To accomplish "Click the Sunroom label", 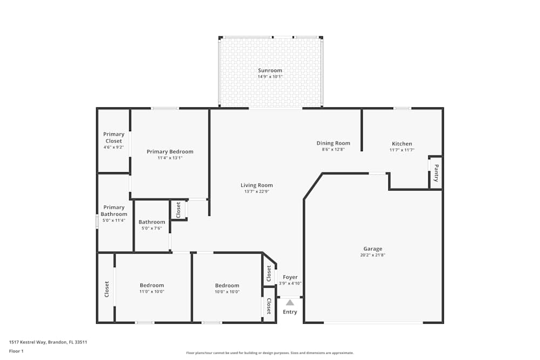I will pos(270,70).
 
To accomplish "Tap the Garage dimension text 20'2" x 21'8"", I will pos(373,255).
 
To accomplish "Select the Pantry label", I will pos(436,173).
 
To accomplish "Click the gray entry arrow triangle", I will pos(290,302).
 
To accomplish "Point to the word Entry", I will pos(290,312).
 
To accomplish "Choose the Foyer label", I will pos(290,277).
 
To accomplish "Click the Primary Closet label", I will pos(114,138).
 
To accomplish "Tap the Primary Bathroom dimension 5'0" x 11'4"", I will pos(114,220).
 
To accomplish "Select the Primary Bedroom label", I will pos(170,152).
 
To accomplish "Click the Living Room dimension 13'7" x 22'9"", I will pos(256,192).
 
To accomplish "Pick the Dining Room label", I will pos(333,143).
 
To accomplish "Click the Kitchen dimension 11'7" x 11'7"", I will pos(402,150).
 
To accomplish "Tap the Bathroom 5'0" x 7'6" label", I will pos(152,222).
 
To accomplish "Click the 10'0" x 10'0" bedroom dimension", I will pos(227,292).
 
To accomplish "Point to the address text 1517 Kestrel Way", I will pos(48,342).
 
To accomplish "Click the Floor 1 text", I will pos(16,351).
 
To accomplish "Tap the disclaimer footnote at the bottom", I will pos(270,353).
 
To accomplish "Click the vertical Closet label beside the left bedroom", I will pos(106,289).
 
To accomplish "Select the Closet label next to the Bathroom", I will pos(178,209).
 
